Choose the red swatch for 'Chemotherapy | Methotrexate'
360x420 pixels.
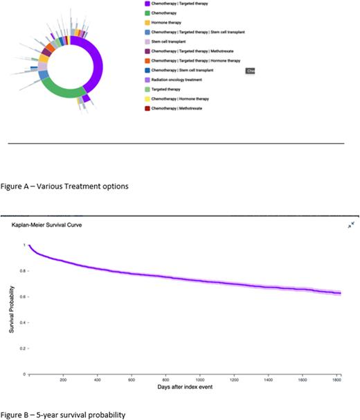tap(146, 108)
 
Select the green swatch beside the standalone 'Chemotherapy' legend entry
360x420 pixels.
tap(146, 12)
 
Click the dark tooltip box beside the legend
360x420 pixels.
tap(251, 71)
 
